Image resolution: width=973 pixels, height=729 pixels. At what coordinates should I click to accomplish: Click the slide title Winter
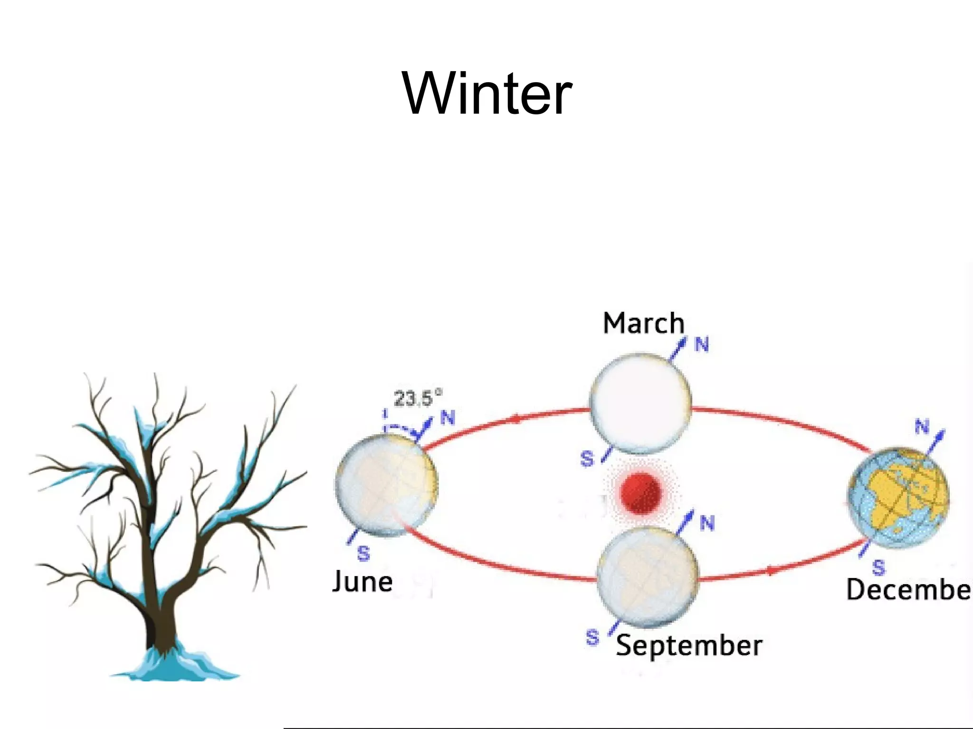pyautogui.click(x=486, y=93)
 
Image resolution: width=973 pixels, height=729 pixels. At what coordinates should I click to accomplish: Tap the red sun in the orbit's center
pyautogui.click(x=640, y=493)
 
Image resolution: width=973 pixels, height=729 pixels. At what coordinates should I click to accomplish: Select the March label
pyautogui.click(x=643, y=324)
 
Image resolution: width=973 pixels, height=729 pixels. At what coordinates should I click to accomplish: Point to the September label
pyautogui.click(x=689, y=646)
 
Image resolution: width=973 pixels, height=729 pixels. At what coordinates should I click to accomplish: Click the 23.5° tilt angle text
pyautogui.click(x=417, y=398)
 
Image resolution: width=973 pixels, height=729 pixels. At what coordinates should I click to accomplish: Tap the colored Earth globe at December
pyautogui.click(x=898, y=497)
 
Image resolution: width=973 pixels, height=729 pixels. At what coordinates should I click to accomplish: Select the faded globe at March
pyautogui.click(x=640, y=402)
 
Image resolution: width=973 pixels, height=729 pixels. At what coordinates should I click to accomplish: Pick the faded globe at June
pyautogui.click(x=386, y=485)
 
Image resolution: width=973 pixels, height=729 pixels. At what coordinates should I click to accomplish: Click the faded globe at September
pyautogui.click(x=648, y=577)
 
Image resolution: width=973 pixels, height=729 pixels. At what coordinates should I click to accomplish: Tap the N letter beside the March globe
pyautogui.click(x=702, y=345)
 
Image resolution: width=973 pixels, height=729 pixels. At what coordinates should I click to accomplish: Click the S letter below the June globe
pyautogui.click(x=363, y=553)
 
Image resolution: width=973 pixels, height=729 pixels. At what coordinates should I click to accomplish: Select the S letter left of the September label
pyautogui.click(x=592, y=637)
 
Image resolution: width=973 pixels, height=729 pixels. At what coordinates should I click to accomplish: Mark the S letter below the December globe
pyautogui.click(x=878, y=567)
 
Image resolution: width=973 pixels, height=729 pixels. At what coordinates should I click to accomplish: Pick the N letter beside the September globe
pyautogui.click(x=707, y=523)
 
